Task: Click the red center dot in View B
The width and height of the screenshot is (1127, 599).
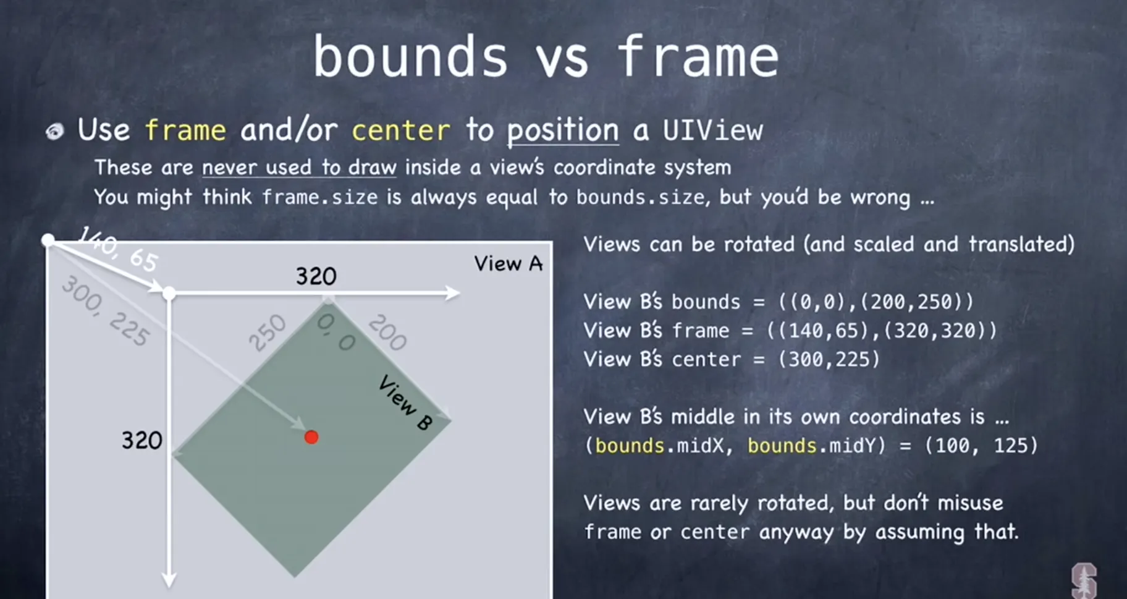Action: click(311, 438)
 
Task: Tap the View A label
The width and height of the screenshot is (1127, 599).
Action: click(509, 264)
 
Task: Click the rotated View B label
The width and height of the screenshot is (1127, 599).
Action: click(405, 402)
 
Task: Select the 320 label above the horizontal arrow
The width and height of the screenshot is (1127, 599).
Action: click(316, 276)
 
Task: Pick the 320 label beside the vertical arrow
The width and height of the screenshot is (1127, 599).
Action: click(141, 440)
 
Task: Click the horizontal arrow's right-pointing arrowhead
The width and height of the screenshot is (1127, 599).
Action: click(452, 293)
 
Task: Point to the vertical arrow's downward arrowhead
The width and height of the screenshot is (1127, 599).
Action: click(169, 580)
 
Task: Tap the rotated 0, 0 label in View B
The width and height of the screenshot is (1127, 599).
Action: click(336, 331)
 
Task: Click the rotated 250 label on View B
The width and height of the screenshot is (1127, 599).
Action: click(267, 333)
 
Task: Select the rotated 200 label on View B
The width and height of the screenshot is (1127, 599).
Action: click(387, 332)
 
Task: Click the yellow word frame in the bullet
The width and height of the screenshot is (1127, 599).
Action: click(185, 130)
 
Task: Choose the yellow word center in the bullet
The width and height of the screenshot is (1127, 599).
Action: click(401, 130)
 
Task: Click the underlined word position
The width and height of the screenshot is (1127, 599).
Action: click(563, 131)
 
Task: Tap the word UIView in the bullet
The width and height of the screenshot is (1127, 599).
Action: click(713, 130)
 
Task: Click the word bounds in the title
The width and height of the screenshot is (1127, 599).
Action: click(410, 56)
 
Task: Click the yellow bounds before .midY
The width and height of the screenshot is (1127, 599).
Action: click(782, 446)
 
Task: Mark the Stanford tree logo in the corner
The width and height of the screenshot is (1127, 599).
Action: click(1084, 580)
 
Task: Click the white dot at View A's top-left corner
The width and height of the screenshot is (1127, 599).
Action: click(48, 240)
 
